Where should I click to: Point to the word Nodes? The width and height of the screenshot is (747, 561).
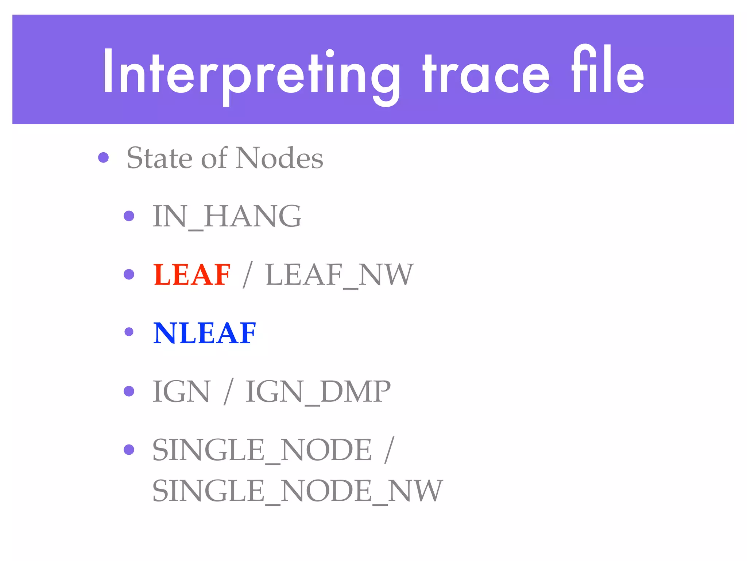coord(279,158)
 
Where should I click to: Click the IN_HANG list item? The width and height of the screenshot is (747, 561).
coord(227,216)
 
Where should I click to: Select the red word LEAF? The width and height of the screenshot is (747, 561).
coord(192,275)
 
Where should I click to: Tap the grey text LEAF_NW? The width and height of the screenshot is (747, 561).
coord(339,275)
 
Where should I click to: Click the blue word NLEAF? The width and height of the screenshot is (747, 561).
coord(205,333)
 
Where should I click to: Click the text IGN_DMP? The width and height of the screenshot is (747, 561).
coord(318,392)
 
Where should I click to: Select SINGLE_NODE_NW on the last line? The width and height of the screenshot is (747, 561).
coord(297,491)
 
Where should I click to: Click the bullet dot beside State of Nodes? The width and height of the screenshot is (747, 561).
coord(104,157)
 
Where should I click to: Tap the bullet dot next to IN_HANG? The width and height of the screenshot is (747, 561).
coord(129,216)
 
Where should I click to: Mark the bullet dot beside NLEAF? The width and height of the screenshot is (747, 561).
coord(129,332)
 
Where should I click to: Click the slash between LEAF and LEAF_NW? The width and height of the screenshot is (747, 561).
coord(248,275)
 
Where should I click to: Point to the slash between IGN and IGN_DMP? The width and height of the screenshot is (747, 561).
coord(228,392)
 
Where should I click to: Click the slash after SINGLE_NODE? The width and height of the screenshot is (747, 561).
coord(389,450)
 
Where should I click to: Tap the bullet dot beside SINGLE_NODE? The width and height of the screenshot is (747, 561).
coord(129,449)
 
